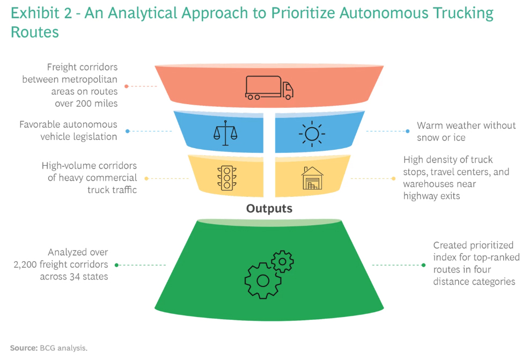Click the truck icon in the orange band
pyautogui.click(x=269, y=87)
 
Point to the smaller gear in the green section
pyautogui.click(x=282, y=262)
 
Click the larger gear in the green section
pyautogui.click(x=262, y=280)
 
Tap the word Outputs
pyautogui.click(x=269, y=209)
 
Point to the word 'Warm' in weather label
pyautogui.click(x=429, y=126)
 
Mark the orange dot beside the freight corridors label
pyautogui.click(x=127, y=86)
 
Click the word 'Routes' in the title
pyautogui.click(x=35, y=33)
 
